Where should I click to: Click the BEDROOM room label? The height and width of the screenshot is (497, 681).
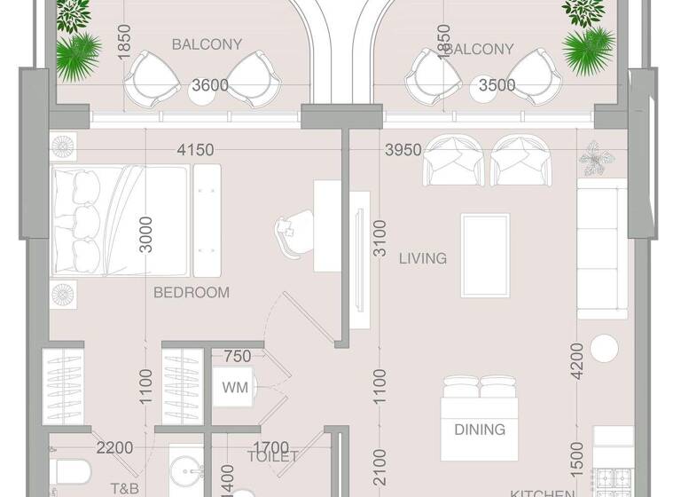point(192,292)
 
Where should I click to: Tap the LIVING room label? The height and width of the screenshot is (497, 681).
point(422,258)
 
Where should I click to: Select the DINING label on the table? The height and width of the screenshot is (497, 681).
point(480,430)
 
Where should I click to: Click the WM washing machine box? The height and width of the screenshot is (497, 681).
point(236,387)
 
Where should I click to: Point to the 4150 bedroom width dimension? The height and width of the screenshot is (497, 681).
point(195,150)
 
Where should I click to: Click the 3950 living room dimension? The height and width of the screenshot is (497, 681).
point(403,150)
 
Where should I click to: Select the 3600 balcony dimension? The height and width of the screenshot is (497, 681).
point(210,85)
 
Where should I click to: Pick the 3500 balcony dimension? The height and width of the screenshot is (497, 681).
point(497,85)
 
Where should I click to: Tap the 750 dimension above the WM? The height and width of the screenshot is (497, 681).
point(237,356)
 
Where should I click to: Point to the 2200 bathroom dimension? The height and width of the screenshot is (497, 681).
point(114,447)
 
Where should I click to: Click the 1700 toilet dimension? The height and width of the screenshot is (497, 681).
point(270,447)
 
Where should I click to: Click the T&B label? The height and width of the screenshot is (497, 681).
point(124,488)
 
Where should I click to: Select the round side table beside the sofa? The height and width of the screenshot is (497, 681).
point(606,347)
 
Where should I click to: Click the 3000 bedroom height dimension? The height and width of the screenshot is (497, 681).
point(147,234)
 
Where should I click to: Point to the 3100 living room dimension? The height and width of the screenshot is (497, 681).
point(380,238)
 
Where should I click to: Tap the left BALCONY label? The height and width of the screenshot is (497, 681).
point(195,43)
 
